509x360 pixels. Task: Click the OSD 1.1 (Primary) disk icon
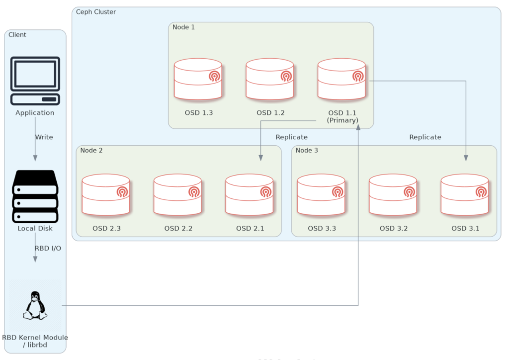click(341, 80)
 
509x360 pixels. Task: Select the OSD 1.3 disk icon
click(198, 80)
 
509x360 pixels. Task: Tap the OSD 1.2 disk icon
click(270, 80)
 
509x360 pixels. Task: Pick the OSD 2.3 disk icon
click(106, 195)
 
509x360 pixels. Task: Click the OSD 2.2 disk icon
click(177, 195)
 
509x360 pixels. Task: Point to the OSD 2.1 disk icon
click(249, 195)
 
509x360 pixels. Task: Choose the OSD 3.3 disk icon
click(321, 195)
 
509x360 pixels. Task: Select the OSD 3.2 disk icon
click(393, 195)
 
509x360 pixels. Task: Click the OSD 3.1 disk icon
click(465, 195)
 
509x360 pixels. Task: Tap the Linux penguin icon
click(35, 306)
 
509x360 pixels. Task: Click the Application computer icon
click(35, 81)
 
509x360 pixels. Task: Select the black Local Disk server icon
click(35, 196)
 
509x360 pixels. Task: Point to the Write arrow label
click(44, 137)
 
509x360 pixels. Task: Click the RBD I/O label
click(48, 248)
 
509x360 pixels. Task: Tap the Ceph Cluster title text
click(95, 12)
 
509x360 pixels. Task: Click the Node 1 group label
click(183, 27)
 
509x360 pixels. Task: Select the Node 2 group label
click(91, 150)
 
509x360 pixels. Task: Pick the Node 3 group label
click(306, 150)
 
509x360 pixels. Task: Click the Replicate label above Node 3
click(425, 137)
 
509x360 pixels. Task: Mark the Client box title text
click(17, 35)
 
